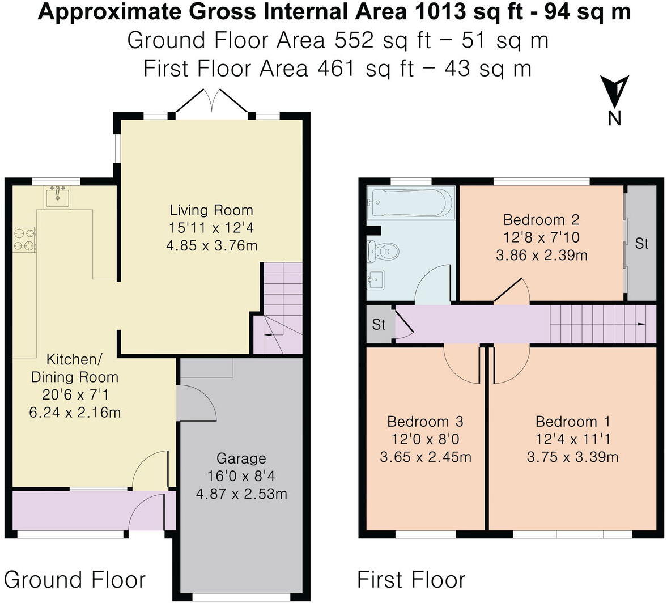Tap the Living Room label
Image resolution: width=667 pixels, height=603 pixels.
coord(211,210)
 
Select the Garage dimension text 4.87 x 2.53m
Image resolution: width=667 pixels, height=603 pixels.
coord(241,494)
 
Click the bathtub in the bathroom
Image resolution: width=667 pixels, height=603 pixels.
coord(410,202)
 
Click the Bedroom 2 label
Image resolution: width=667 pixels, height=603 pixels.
coord(541,219)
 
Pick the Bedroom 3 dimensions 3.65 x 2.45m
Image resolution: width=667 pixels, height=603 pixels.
coord(425,457)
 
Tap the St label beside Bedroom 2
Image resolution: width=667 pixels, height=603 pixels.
coord(641,244)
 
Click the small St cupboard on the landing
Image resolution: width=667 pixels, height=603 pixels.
coord(379,325)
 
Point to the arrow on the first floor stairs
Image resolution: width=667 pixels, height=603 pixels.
coord(640,324)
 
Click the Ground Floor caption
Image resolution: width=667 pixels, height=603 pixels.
coord(75,580)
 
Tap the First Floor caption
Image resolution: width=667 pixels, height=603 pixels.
coord(411,580)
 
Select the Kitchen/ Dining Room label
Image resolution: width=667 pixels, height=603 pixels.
coord(74,368)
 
